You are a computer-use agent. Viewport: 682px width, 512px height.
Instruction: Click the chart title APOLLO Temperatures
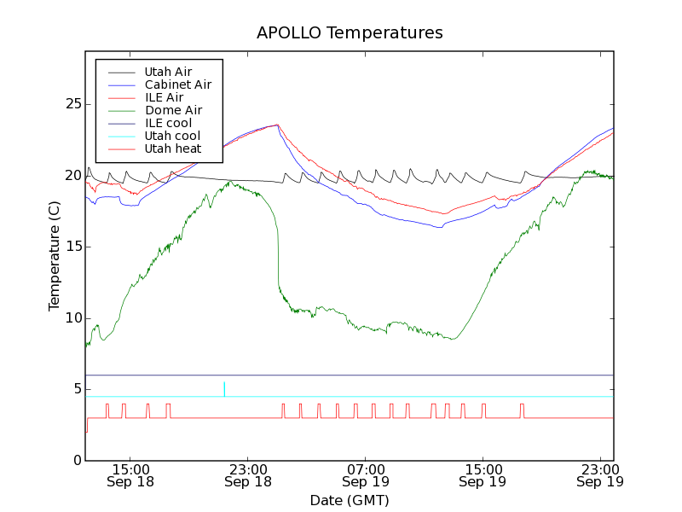click(x=350, y=33)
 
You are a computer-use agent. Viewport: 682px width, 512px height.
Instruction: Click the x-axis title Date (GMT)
click(x=350, y=499)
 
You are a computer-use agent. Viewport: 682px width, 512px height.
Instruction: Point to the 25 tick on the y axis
click(x=72, y=104)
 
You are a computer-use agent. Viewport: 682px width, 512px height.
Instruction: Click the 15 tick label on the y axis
click(x=72, y=247)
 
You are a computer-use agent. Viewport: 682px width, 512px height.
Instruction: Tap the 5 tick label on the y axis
click(x=75, y=389)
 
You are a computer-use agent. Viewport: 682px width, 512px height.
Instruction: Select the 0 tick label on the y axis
click(x=75, y=461)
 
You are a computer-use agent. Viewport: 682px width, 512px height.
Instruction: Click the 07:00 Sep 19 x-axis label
click(x=366, y=474)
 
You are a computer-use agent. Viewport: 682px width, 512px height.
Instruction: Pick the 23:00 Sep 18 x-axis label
click(x=248, y=474)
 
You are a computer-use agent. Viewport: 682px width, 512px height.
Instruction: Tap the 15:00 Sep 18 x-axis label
click(x=130, y=474)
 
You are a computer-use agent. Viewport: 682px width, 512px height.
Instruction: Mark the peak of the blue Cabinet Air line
click(x=277, y=125)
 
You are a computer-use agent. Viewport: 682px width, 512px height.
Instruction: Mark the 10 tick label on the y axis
click(x=72, y=318)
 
